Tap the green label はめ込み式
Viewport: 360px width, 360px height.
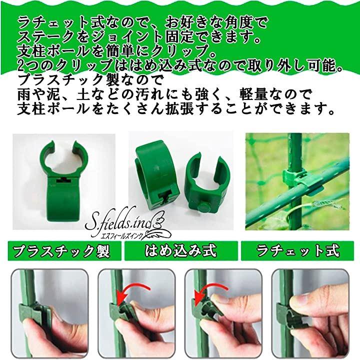[x=181, y=250]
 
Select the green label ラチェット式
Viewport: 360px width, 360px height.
[x=297, y=250]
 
